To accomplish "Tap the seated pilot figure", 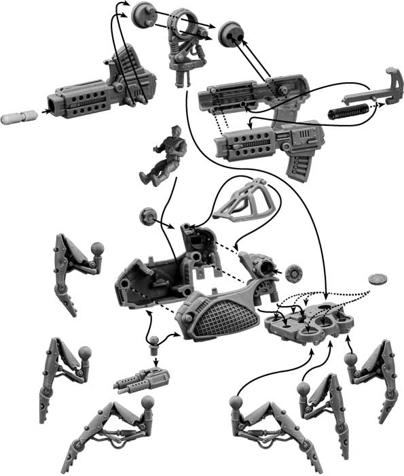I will click(x=162, y=157).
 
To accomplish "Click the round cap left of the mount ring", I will click(x=143, y=13).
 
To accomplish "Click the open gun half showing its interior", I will click(x=251, y=95).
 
